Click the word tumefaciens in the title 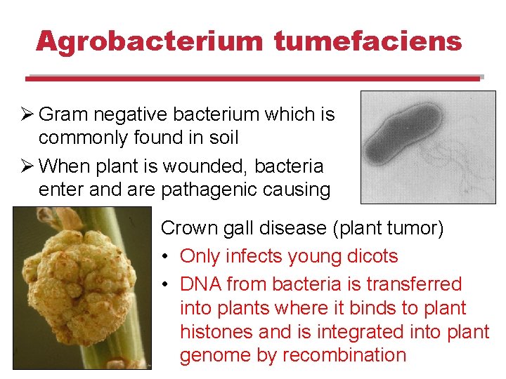coord(368,41)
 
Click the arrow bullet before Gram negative coord(27,114)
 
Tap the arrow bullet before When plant coord(27,166)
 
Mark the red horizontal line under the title coord(253,79)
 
